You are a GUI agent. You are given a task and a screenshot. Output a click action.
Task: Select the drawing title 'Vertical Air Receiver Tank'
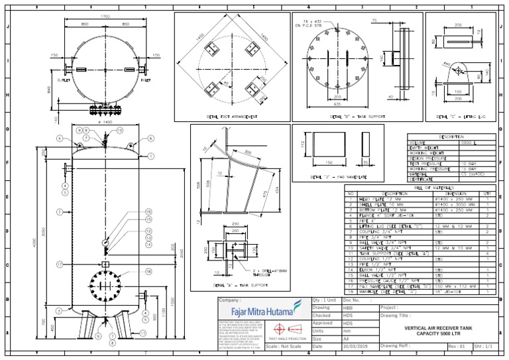(x=439, y=328)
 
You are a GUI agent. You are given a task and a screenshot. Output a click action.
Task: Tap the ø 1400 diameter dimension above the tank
(x=105, y=123)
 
